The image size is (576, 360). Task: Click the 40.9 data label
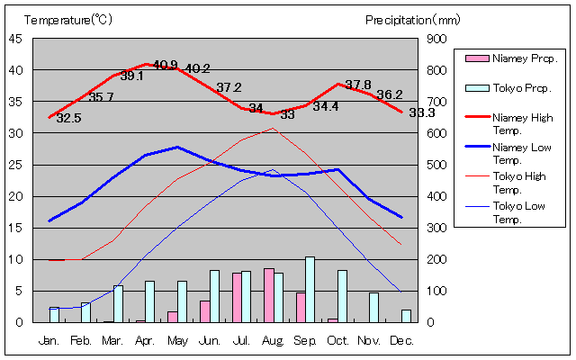click(x=166, y=65)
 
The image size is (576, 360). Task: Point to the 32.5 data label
click(x=68, y=118)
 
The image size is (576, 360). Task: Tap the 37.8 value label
click(x=358, y=85)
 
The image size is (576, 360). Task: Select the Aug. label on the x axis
click(x=274, y=341)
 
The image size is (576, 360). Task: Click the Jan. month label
click(x=49, y=341)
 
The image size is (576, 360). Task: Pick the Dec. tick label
click(x=401, y=341)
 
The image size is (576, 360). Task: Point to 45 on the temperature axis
click(x=16, y=39)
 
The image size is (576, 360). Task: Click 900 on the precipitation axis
click(x=436, y=39)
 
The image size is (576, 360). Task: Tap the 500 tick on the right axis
click(x=436, y=165)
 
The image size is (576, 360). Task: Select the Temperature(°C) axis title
click(x=68, y=19)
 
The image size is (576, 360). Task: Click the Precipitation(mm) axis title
click(x=413, y=19)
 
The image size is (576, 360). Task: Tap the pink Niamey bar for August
click(x=268, y=295)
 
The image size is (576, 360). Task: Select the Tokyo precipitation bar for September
click(x=310, y=289)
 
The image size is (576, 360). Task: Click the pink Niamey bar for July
click(x=237, y=297)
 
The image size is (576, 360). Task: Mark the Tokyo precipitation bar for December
click(x=407, y=316)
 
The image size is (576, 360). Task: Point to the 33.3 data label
click(x=421, y=113)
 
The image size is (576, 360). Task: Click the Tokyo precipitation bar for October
click(x=342, y=296)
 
